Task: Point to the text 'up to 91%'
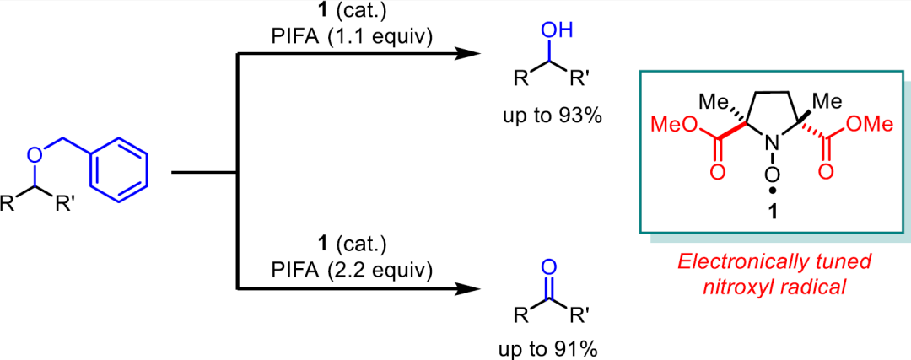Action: coord(552,350)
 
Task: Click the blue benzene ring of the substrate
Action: coord(120,169)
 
